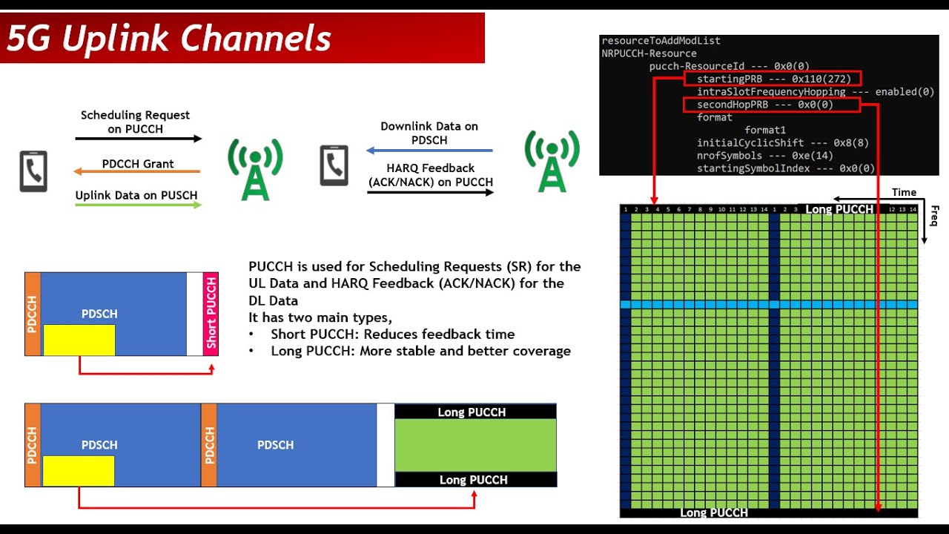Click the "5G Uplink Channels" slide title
point(169,39)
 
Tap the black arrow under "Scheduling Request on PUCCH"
point(138,139)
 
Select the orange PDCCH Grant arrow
point(138,172)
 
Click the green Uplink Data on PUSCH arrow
point(138,205)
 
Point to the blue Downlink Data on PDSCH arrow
point(430,151)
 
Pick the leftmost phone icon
point(33,171)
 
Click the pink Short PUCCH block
point(211,314)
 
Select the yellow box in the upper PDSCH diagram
point(79,340)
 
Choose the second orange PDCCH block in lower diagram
point(209,445)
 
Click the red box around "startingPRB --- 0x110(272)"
point(773,79)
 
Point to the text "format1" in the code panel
point(764,130)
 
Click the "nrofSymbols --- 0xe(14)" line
point(764,156)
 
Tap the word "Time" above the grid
point(904,192)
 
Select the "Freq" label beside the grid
point(934,216)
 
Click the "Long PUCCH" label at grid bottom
point(713,512)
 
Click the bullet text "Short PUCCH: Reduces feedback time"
point(392,334)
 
